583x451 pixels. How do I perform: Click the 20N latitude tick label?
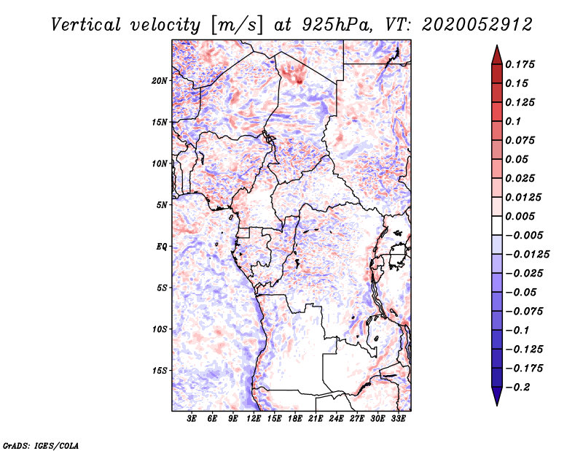(160, 80)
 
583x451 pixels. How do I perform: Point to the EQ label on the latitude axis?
(161, 247)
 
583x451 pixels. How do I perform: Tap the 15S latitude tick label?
(160, 371)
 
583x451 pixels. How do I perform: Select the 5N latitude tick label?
(161, 205)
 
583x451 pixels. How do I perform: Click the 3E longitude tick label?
(192, 419)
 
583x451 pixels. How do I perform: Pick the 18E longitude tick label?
(295, 419)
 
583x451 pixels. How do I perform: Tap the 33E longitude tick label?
(398, 419)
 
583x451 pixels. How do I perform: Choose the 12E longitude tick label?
(254, 419)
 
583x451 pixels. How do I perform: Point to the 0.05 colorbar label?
(517, 159)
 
